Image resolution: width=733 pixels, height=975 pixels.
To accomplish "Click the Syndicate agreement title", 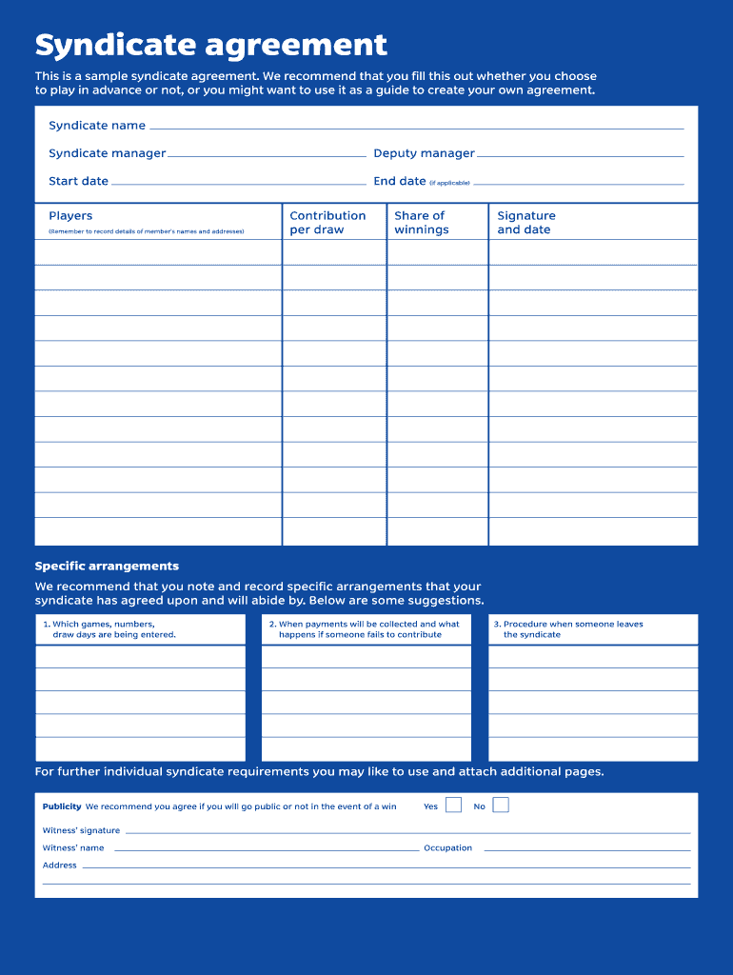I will coord(210,45).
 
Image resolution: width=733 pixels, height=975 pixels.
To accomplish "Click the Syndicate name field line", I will coord(416,127).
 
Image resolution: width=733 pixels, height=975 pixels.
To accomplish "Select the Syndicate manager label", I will coord(108,153).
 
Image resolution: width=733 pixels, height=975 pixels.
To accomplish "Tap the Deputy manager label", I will coord(424,153).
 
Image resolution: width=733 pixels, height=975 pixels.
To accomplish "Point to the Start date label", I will coord(79,181).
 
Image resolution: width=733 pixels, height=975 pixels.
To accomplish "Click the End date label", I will coord(400,181).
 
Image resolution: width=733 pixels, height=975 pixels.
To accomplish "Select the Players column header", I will coord(70,216).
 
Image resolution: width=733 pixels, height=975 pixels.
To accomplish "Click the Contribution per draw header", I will coord(327,223).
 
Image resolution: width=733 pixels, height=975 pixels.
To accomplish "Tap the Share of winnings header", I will coord(421,223).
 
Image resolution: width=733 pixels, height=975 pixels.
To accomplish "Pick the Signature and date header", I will coord(525,223).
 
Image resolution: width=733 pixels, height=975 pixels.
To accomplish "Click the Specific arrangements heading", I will coord(107,567).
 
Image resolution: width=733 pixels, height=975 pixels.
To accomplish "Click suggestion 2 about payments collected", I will coord(367,629).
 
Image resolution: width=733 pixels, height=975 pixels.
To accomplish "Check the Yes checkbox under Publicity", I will coord(453,806).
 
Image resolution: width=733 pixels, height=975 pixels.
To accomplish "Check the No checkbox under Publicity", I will coord(501,806).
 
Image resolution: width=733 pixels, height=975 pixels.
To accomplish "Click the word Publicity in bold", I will coord(62,806).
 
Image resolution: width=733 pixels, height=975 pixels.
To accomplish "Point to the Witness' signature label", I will coord(81,830).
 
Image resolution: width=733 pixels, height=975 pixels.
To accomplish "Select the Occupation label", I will coord(447,847).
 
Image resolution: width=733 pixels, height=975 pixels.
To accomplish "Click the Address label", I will coord(59,866).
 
